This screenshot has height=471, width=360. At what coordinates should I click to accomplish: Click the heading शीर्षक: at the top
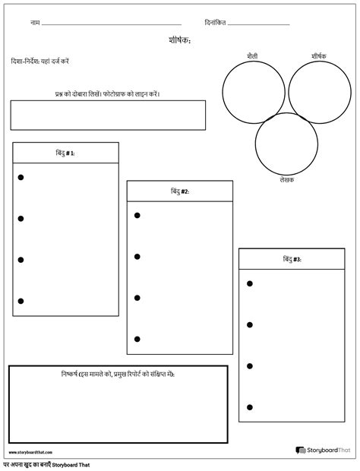pos(180,40)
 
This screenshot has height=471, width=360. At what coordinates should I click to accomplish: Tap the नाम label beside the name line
pos(35,23)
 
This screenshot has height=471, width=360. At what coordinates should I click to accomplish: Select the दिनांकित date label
pos(216,23)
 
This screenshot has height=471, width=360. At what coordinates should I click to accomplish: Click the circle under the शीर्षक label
pos(317,90)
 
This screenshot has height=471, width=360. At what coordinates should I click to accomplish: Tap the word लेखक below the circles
pos(286,180)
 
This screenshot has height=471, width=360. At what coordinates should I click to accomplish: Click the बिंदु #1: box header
pos(65,153)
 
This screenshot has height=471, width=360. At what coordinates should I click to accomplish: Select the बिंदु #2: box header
pos(179,191)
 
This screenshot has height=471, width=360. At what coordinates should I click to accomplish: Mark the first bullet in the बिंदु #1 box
pos(21,177)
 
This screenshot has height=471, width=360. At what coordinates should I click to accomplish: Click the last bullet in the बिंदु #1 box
pos(21,301)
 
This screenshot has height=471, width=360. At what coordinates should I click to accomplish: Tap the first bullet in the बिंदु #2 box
pos(137,216)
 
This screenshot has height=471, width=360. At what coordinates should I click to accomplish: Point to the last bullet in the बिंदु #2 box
pos(137,339)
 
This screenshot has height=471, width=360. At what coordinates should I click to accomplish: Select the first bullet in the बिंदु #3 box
pos(249,283)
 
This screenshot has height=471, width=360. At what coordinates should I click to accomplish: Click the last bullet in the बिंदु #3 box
pos(249,407)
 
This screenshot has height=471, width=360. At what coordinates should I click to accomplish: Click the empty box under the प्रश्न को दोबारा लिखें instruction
pos(108,115)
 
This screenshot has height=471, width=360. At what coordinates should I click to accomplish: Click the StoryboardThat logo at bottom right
pos(323,450)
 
